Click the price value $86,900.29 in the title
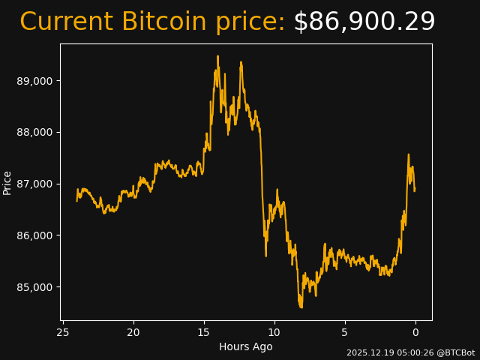(364, 22)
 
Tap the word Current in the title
(67, 22)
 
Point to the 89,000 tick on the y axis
(34, 81)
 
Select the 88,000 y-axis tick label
(34, 133)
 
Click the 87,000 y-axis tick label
(34, 184)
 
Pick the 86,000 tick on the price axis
(34, 235)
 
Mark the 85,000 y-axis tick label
(34, 287)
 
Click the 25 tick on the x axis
(63, 332)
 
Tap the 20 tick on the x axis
(133, 332)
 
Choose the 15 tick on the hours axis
(204, 332)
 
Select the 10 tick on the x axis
(274, 332)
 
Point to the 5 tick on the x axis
(345, 332)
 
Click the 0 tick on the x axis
(415, 332)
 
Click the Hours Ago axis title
(246, 346)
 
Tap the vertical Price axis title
(7, 182)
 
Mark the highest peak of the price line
(218, 56)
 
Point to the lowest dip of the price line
(301, 307)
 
